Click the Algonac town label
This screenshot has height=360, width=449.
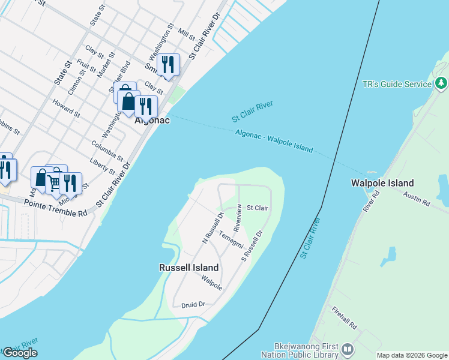[152, 120]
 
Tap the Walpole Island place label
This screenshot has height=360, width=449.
[383, 183]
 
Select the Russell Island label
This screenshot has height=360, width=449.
[188, 268]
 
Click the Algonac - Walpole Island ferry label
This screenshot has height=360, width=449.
[274, 141]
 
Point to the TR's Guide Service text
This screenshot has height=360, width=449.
[397, 85]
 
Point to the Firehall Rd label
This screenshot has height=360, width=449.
[344, 317]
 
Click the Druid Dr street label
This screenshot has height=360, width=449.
[193, 305]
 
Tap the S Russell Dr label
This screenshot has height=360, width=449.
[252, 245]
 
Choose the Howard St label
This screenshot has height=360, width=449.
[66, 109]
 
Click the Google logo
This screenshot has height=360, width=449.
[20, 353]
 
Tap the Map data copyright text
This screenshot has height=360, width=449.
[412, 355]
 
